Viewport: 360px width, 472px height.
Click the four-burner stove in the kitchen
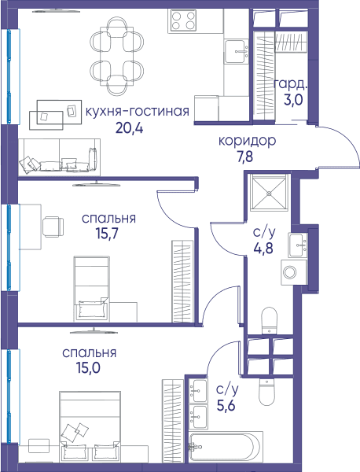pyautogui.click(x=183, y=20)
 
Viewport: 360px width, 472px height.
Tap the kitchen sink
pyautogui.click(x=237, y=51)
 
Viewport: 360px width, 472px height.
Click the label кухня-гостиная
pyautogui.click(x=138, y=112)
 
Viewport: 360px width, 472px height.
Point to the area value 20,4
pyautogui.click(x=130, y=128)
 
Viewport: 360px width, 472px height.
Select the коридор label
pyautogui.click(x=247, y=141)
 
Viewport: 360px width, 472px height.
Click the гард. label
pyautogui.click(x=291, y=85)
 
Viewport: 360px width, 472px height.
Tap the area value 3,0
pyautogui.click(x=293, y=100)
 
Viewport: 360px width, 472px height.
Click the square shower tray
pyautogui.click(x=269, y=192)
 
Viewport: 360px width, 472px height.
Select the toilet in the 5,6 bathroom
pyautogui.click(x=267, y=392)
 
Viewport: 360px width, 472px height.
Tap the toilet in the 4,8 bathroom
pyautogui.click(x=269, y=320)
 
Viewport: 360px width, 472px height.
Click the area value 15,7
pyautogui.click(x=108, y=234)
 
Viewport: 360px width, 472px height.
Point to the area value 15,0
pyautogui.click(x=88, y=368)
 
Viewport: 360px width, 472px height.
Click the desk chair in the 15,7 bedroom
pyautogui.click(x=53, y=227)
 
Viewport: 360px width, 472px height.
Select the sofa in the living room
pyautogui.click(x=59, y=157)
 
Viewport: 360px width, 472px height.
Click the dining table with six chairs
pyautogui.click(x=116, y=56)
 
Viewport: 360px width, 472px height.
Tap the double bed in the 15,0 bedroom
pyautogui.click(x=90, y=426)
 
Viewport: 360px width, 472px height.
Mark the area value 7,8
pyautogui.click(x=244, y=157)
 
